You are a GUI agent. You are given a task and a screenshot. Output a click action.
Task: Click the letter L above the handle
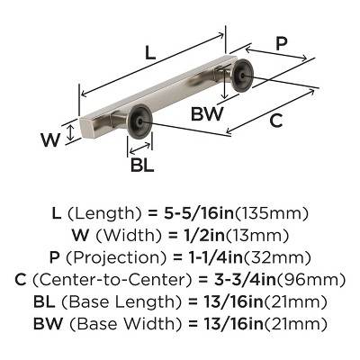[150, 53]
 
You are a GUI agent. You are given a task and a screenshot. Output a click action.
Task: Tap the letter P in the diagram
[282, 42]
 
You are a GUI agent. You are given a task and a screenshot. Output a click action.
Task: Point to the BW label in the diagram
[207, 114]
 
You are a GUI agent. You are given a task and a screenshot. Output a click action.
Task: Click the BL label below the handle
[141, 166]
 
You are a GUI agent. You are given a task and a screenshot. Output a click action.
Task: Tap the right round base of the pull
[244, 79]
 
